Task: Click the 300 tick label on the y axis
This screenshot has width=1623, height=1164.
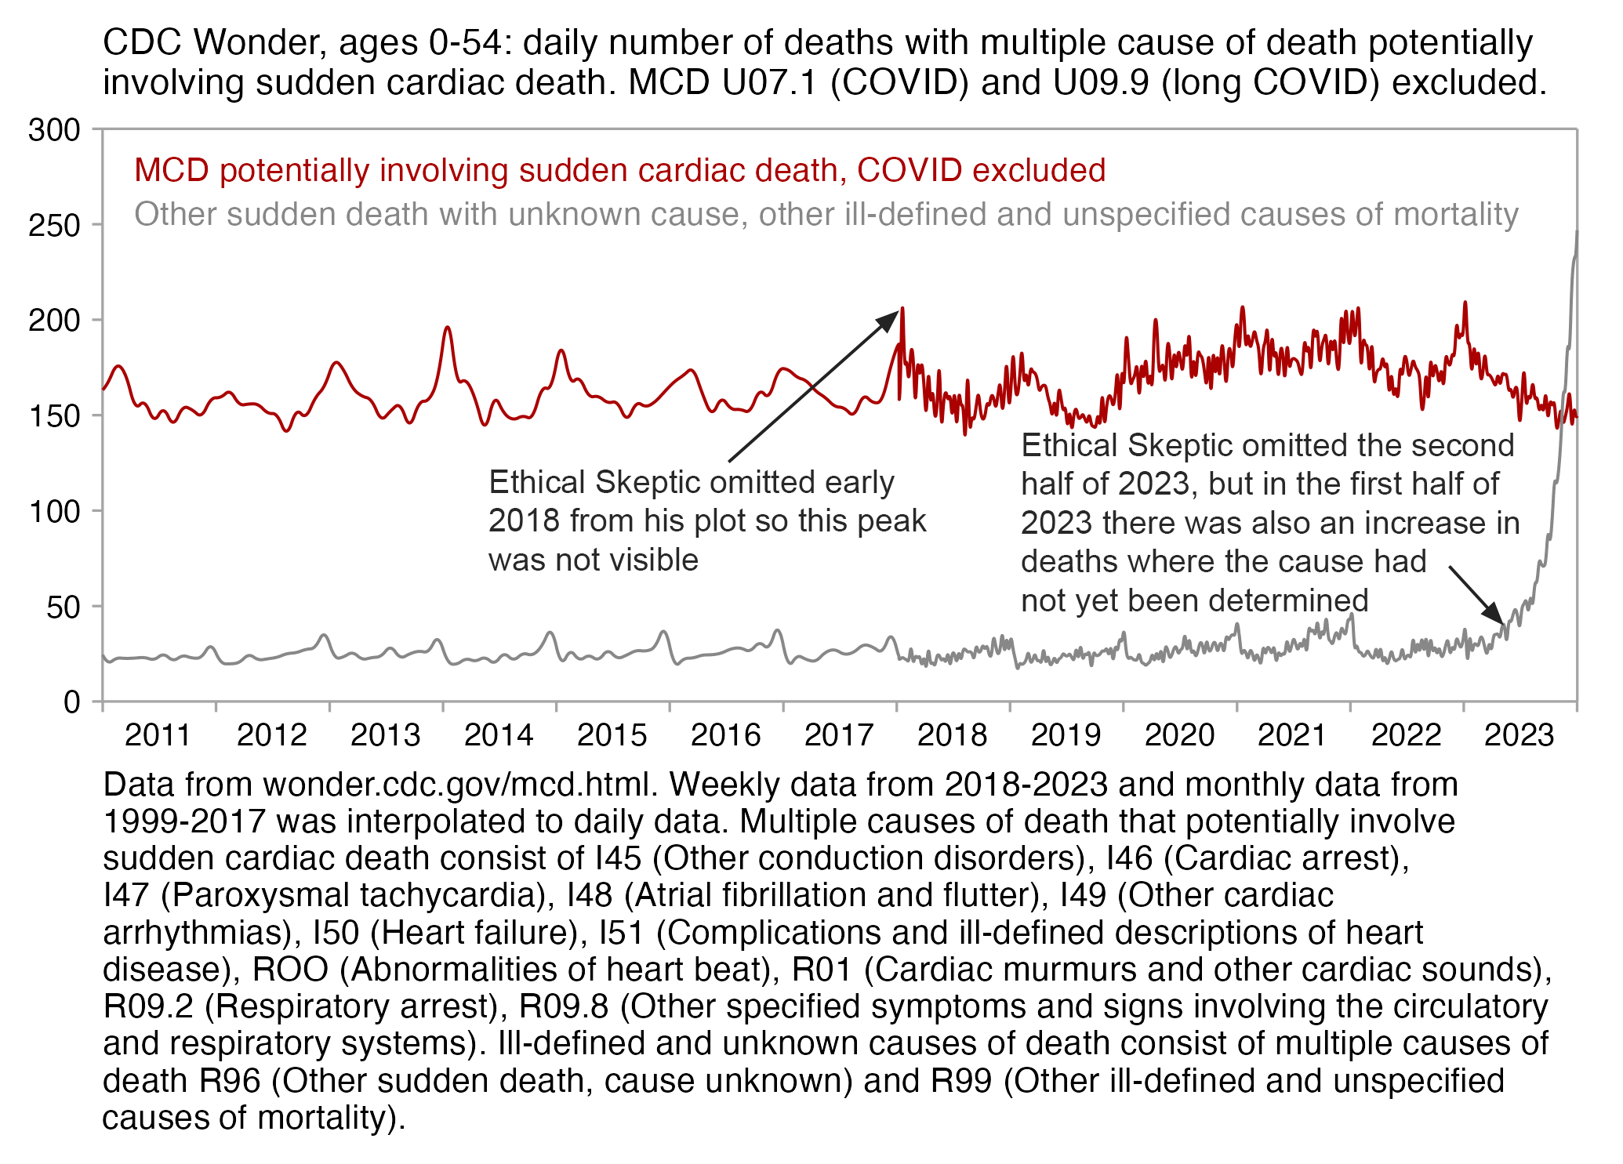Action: click(54, 130)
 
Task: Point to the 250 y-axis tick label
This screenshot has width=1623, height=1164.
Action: click(54, 226)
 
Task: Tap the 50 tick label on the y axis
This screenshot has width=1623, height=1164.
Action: click(64, 607)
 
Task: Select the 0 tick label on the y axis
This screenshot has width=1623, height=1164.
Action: click(72, 702)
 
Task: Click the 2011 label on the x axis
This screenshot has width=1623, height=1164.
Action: click(158, 735)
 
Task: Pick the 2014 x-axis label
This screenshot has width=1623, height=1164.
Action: click(499, 735)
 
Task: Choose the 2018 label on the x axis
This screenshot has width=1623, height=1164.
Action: click(952, 735)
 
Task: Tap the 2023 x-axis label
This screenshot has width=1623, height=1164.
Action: click(1519, 735)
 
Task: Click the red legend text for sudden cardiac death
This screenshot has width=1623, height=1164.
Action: click(619, 170)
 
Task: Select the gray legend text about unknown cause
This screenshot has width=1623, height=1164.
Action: click(826, 214)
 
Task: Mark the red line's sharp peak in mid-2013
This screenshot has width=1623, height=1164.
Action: click(447, 327)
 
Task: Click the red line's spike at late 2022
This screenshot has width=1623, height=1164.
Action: click(1465, 303)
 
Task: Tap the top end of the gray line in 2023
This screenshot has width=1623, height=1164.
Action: click(1577, 231)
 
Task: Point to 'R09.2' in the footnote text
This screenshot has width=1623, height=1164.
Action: click(147, 1006)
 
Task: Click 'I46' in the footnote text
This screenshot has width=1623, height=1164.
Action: click(1129, 858)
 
